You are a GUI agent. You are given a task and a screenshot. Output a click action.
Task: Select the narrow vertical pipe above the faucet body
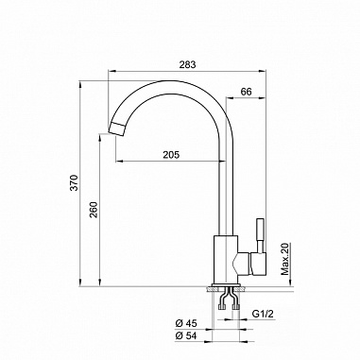(227, 189)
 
